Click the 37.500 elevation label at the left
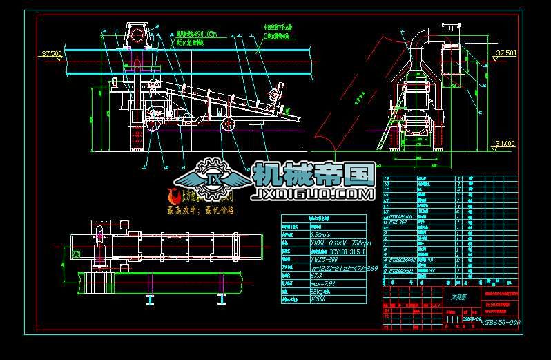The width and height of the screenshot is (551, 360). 52,53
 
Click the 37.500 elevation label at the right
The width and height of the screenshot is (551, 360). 507,53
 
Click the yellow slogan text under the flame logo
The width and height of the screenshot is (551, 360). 201,209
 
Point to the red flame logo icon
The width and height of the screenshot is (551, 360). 174,196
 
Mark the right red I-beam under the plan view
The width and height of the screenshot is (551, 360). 222,300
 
